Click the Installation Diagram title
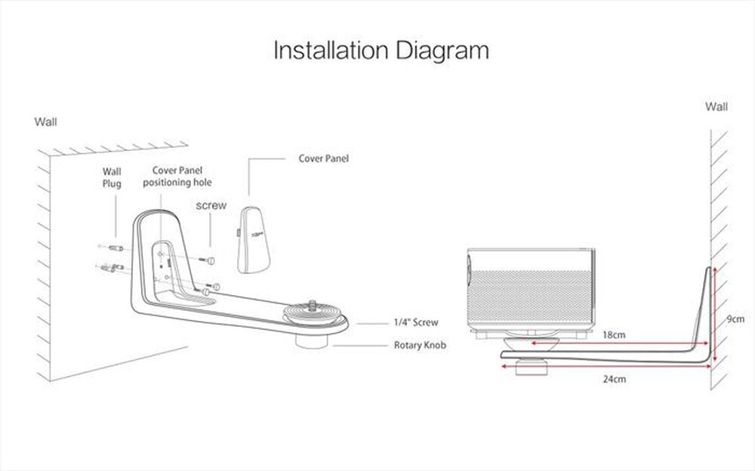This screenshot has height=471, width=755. (x=381, y=51)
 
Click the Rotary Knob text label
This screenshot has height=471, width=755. (x=420, y=346)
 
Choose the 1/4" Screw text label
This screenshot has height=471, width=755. (x=415, y=322)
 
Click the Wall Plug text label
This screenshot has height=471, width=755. (x=112, y=177)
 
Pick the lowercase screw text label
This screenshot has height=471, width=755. (x=211, y=205)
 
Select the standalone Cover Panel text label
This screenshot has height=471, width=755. (x=324, y=159)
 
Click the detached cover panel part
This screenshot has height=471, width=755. (x=256, y=239)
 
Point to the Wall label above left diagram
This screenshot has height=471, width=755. (x=45, y=121)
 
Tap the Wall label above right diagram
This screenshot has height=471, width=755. (x=716, y=106)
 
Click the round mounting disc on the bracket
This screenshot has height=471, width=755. (x=308, y=314)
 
